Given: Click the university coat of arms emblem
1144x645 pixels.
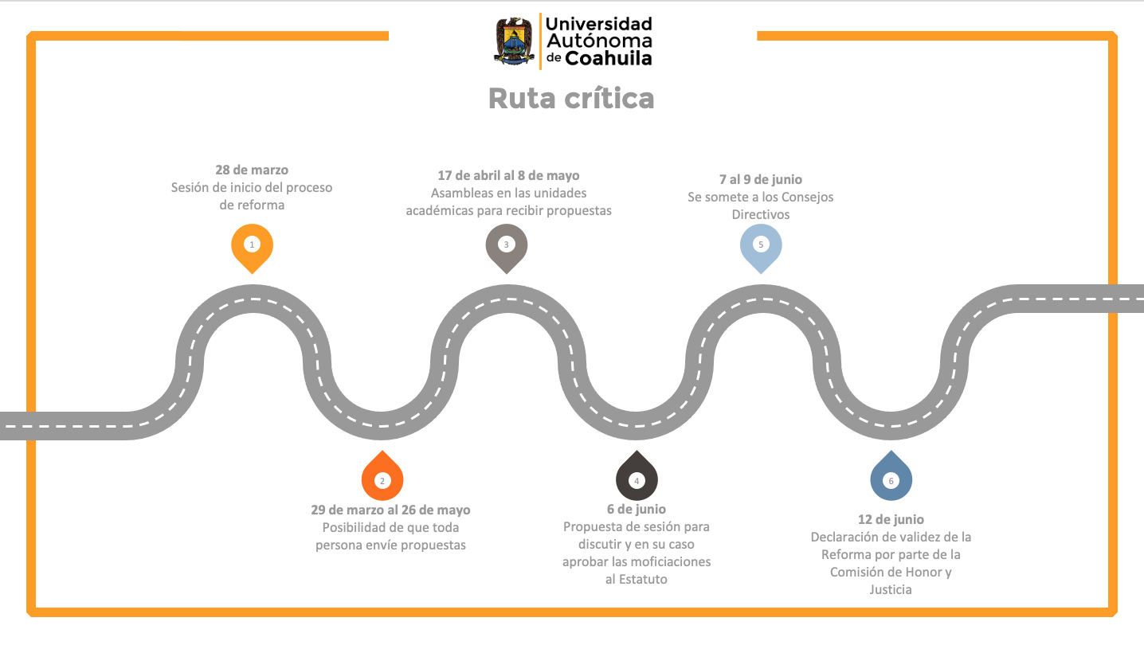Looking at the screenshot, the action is coord(515,41).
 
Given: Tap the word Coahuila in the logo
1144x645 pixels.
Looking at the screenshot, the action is coord(609,58).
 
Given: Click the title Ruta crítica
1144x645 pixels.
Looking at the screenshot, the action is coord(571,98).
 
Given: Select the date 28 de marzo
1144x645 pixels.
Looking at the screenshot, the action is coord(252,170).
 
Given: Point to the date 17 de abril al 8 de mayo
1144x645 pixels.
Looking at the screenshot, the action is coord(509,175).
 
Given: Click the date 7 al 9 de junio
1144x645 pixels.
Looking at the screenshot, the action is coord(761,180).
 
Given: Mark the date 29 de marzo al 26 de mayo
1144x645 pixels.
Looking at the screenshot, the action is coord(390,510).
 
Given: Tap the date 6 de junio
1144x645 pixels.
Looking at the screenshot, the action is coord(637,510).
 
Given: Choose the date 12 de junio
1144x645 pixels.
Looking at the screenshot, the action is coord(891,519).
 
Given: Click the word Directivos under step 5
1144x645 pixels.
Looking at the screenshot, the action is coord(761,214).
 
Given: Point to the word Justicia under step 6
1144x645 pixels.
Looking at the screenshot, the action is coord(891,590).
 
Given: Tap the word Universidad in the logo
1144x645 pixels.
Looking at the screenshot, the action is coord(598,23).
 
